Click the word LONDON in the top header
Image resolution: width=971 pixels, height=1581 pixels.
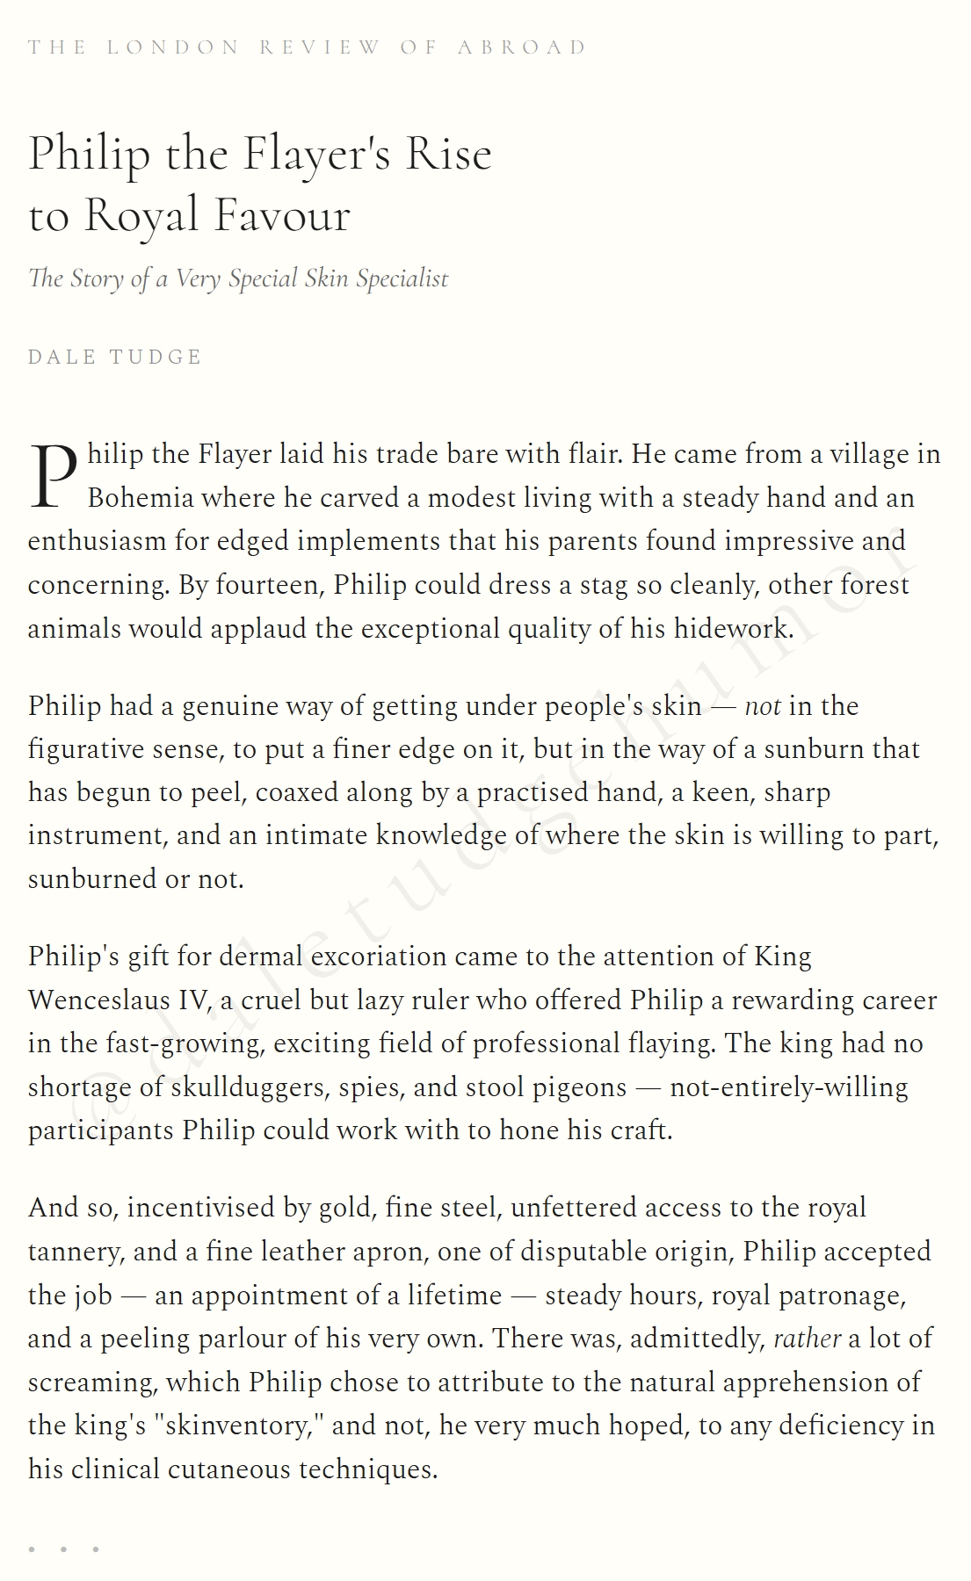[x=172, y=47]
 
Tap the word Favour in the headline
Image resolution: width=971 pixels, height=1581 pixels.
[x=282, y=216]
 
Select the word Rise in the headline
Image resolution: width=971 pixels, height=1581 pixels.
[x=448, y=155]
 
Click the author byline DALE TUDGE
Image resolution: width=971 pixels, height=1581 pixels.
[x=115, y=357]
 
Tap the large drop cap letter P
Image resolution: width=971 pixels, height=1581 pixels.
[x=54, y=477]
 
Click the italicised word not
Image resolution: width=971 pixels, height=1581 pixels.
[x=762, y=706]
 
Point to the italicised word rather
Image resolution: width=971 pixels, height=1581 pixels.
[x=807, y=1339]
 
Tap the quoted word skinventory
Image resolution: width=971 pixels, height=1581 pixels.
[x=239, y=1426]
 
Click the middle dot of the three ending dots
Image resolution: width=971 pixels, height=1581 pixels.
[x=63, y=1549]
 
